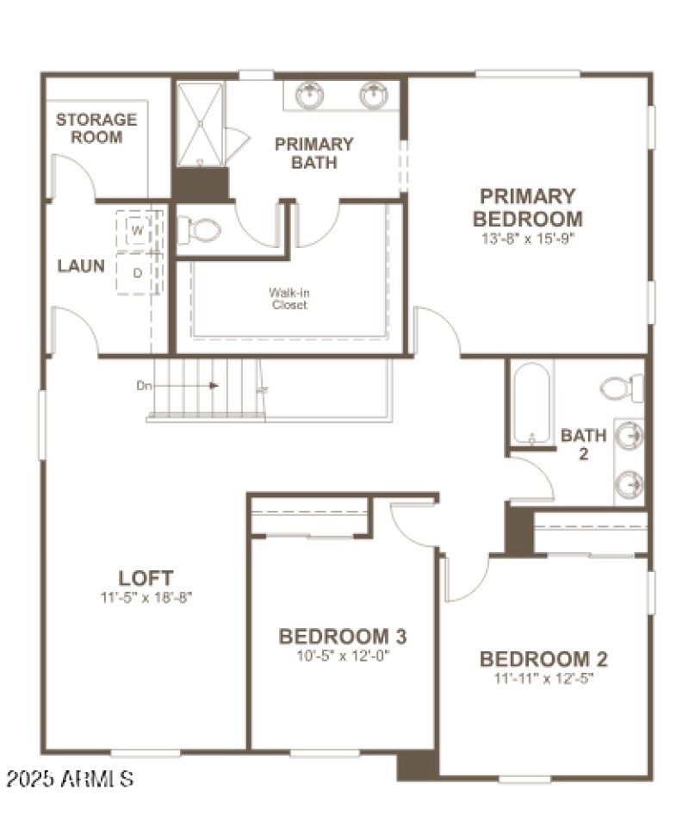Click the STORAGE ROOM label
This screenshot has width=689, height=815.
click(96, 128)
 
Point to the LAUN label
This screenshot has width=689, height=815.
click(81, 265)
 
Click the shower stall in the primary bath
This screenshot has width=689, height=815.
click(201, 125)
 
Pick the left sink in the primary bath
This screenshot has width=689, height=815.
click(310, 94)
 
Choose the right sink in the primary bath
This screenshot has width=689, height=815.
click(374, 94)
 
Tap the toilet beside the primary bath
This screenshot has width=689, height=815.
click(201, 230)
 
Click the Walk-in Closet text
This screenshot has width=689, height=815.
click(289, 299)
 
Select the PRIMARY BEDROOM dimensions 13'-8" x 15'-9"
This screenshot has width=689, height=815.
click(527, 238)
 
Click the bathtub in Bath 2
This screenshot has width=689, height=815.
click(531, 402)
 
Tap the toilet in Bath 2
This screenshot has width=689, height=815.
click(622, 388)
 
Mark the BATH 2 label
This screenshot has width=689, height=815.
click(583, 444)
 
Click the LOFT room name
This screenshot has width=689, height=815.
click(146, 578)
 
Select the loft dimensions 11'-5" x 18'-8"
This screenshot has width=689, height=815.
click(146, 596)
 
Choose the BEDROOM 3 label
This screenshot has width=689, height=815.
click(342, 637)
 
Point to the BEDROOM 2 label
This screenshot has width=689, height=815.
click(543, 659)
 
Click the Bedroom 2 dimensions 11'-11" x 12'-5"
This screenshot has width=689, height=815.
click(543, 678)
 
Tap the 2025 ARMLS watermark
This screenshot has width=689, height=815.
click(70, 780)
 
